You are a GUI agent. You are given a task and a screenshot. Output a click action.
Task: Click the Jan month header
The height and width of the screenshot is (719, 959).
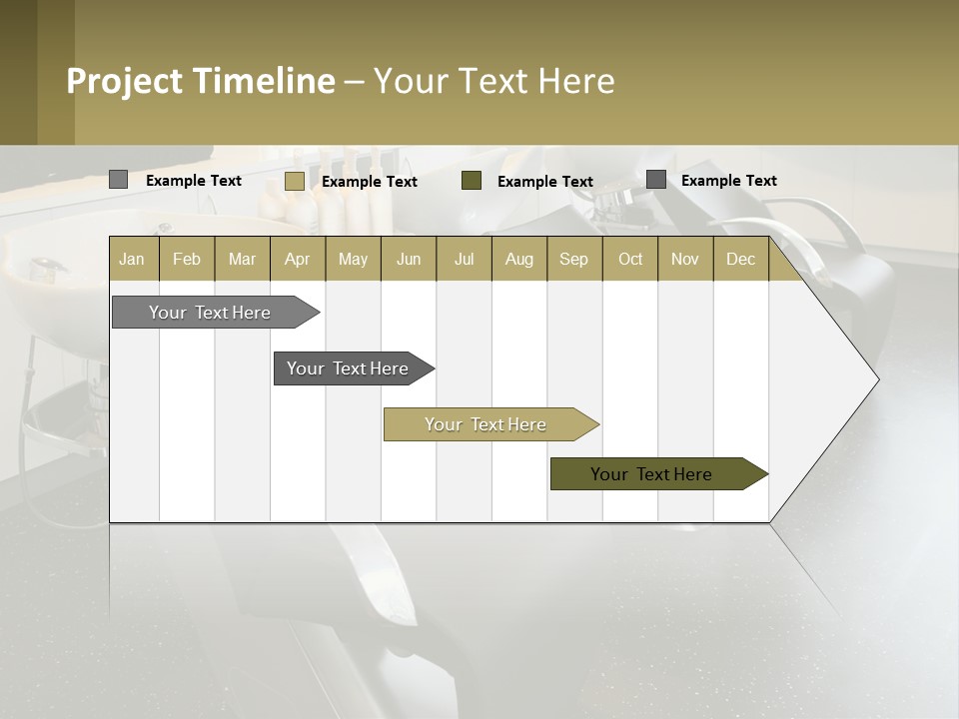[132, 259]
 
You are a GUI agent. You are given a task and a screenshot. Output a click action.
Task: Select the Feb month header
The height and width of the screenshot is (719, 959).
[187, 259]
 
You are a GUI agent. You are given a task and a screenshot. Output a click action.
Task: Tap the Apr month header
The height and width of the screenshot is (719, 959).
[298, 259]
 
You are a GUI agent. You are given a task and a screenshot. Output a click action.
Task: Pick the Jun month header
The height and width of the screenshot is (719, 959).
[409, 259]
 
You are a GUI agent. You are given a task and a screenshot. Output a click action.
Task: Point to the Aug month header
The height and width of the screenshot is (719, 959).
[519, 259]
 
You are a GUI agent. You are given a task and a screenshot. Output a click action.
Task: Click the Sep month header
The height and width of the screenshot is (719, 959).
[574, 259]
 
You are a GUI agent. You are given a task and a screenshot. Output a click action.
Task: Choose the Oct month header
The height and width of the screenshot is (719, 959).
[630, 259]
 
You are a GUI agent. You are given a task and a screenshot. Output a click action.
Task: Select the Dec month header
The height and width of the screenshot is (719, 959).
[741, 259]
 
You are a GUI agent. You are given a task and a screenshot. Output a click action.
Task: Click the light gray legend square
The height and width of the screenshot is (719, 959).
[118, 180]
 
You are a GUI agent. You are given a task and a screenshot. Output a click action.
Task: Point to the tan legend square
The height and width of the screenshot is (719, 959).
[294, 181]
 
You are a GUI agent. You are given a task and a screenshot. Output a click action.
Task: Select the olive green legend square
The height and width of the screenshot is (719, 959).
[472, 180]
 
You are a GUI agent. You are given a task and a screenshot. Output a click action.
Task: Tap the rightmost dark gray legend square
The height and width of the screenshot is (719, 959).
[656, 180]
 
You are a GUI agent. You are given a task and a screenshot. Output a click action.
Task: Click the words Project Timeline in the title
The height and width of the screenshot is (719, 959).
[201, 81]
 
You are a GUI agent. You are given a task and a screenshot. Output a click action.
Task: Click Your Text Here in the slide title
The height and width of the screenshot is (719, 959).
[494, 81]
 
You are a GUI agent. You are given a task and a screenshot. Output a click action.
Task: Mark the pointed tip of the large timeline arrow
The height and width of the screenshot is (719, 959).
[877, 379]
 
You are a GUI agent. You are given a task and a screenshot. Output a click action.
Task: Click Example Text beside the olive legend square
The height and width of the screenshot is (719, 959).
[545, 181]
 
